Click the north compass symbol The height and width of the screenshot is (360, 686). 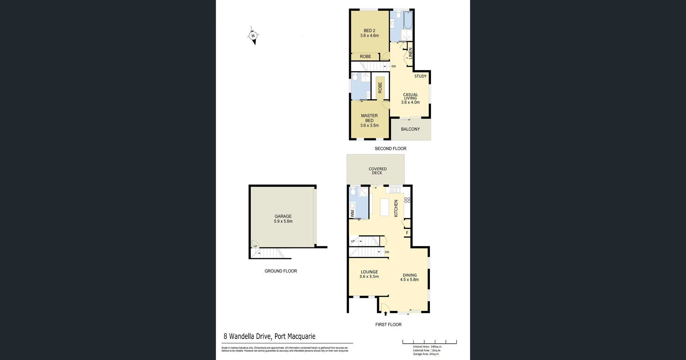pyautogui.click(x=253, y=36)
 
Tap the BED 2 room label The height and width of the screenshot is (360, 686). pyautogui.click(x=369, y=33)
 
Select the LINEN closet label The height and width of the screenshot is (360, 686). pyautogui.click(x=410, y=53)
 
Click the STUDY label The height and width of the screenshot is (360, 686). pyautogui.click(x=420, y=76)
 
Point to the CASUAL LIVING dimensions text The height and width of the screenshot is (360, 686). pyautogui.click(x=410, y=102)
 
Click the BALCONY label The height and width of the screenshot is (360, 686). pyautogui.click(x=410, y=129)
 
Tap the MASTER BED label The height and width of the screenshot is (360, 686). pyautogui.click(x=369, y=118)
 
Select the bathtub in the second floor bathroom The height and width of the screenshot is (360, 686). pyautogui.click(x=408, y=20)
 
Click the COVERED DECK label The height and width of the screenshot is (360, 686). pyautogui.click(x=377, y=171)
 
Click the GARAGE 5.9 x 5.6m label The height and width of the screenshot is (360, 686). pyautogui.click(x=283, y=219)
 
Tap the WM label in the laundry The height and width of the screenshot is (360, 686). pyautogui.click(x=353, y=213)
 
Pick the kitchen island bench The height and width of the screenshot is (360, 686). pyautogui.click(x=384, y=207)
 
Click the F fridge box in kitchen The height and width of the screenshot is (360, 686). pyautogui.click(x=407, y=233)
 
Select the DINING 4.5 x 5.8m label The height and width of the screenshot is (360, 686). pyautogui.click(x=409, y=277)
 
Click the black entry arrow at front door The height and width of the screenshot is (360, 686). pyautogui.click(x=386, y=314)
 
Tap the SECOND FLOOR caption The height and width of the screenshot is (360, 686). pyautogui.click(x=390, y=149)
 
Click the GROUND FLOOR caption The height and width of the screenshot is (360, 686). pyautogui.click(x=280, y=271)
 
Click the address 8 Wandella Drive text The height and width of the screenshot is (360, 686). pyautogui.click(x=269, y=336)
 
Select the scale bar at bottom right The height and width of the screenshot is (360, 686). pyautogui.click(x=429, y=342)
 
